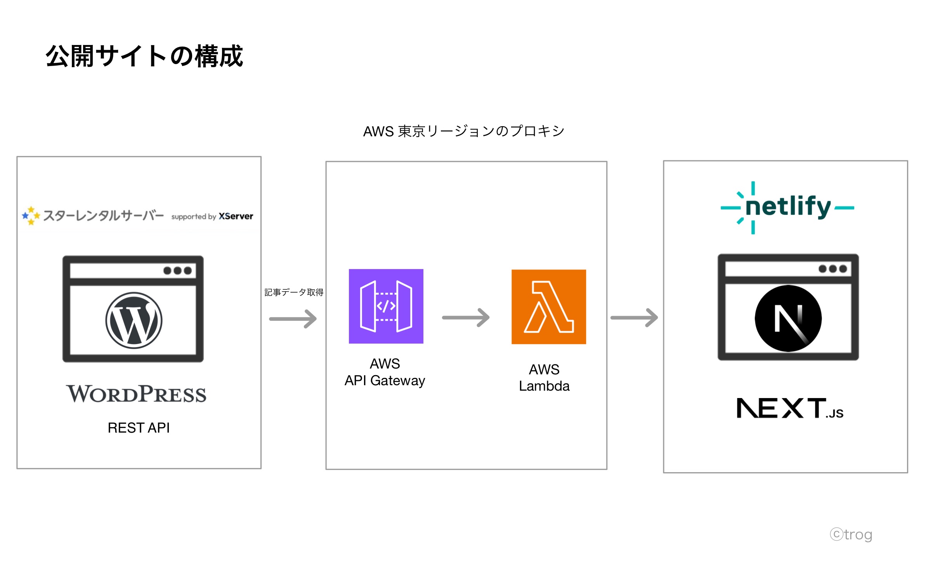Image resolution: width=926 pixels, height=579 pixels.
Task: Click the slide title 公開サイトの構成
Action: (x=144, y=56)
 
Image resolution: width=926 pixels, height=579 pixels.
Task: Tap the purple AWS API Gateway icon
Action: (x=386, y=306)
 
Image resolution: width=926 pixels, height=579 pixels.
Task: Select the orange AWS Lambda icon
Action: (x=548, y=307)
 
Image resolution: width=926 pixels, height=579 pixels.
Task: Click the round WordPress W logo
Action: (x=134, y=320)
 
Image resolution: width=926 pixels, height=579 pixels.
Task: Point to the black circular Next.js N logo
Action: (x=788, y=318)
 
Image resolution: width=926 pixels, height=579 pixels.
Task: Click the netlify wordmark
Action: (x=788, y=207)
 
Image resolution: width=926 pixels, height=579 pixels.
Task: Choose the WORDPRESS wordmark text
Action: (x=136, y=394)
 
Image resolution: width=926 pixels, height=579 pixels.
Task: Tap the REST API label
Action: (x=139, y=428)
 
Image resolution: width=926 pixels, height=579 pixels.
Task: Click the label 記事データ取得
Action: (x=294, y=292)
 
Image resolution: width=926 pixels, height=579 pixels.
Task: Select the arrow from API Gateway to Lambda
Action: (x=466, y=318)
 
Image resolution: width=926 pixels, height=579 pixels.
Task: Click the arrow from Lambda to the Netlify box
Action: (x=634, y=318)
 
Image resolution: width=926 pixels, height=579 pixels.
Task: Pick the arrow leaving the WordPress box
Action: (x=293, y=319)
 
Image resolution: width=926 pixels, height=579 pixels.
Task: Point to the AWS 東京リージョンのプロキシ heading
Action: (x=463, y=131)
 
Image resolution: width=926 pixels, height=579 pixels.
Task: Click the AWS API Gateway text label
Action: (x=385, y=372)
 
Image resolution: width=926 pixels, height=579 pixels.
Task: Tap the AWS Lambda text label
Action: (x=544, y=377)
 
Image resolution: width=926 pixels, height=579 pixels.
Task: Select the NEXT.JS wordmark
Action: (x=790, y=408)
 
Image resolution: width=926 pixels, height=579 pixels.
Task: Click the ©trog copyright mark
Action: (x=851, y=534)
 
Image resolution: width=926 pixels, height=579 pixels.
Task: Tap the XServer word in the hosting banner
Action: (x=236, y=216)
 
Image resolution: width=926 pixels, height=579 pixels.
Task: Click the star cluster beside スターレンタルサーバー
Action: (x=31, y=216)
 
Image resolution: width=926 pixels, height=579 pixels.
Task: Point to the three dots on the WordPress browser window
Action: (x=177, y=271)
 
